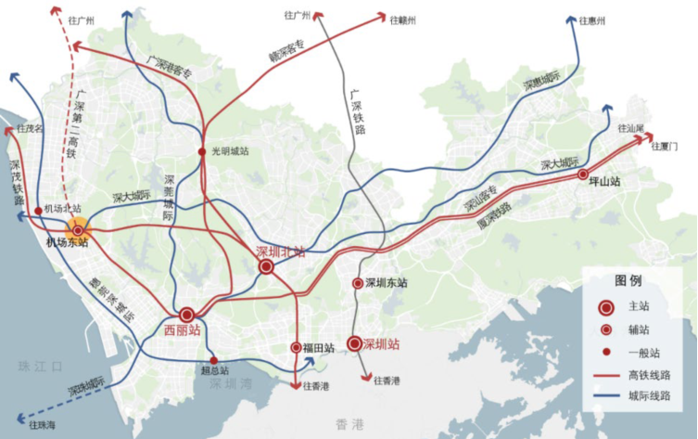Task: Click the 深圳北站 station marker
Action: pyautogui.click(x=266, y=266)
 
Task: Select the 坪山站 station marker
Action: pyautogui.click(x=582, y=174)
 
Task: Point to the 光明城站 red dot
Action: pyautogui.click(x=202, y=151)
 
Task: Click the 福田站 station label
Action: pyautogui.click(x=318, y=348)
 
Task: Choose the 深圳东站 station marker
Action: pyautogui.click(x=357, y=283)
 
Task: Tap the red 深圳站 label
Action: pyautogui.click(x=381, y=343)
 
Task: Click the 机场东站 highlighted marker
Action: pyautogui.click(x=78, y=229)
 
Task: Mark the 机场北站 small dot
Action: pyautogui.click(x=37, y=212)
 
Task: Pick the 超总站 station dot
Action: pyautogui.click(x=214, y=360)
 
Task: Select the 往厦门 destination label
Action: pyautogui.click(x=666, y=146)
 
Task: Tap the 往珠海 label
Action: pyautogui.click(x=43, y=425)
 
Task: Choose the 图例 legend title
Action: pyautogui.click(x=628, y=280)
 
